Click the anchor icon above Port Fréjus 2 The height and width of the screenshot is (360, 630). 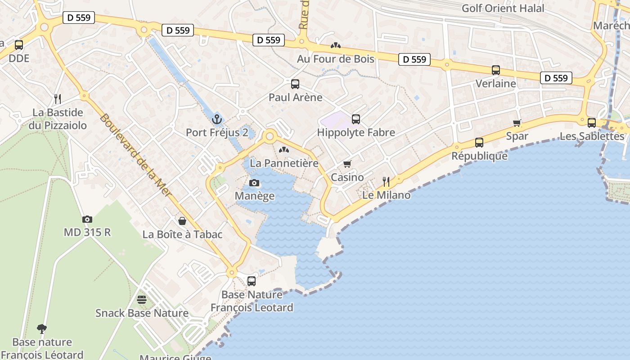point(217,119)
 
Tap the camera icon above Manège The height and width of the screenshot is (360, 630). point(254,183)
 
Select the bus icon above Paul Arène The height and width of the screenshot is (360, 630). point(295,84)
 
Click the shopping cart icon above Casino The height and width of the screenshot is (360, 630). point(347,164)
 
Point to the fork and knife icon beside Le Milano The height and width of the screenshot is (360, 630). point(386,181)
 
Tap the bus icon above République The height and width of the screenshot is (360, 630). point(479,143)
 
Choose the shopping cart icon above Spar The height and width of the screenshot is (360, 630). point(517,123)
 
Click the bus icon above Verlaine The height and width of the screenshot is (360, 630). point(496,70)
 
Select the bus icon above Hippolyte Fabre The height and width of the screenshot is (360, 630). point(356,119)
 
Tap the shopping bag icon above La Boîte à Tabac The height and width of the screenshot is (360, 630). point(182,221)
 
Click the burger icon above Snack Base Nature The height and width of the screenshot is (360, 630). point(142,300)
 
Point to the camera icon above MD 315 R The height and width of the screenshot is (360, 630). point(87,220)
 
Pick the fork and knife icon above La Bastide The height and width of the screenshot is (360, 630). point(58,99)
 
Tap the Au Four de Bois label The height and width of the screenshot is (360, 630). point(336,59)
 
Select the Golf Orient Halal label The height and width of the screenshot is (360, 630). point(503,8)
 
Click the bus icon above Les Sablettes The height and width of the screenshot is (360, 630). point(592,122)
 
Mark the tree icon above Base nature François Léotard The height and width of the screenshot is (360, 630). point(42,329)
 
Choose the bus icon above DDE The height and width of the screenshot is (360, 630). point(19,45)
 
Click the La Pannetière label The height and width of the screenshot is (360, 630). point(284,163)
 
